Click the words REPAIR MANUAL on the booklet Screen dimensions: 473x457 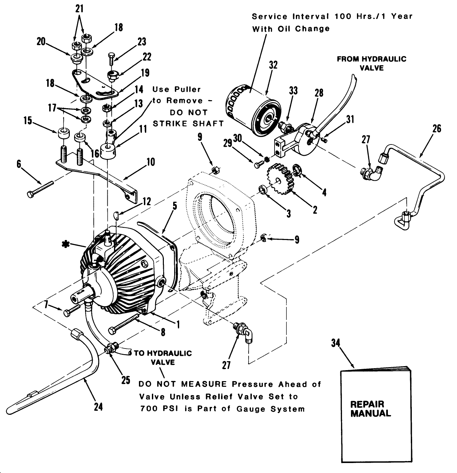(x=371, y=409)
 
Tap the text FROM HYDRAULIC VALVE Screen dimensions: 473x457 (x=372, y=63)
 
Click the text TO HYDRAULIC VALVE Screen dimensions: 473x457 (x=163, y=357)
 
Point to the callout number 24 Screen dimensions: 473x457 (x=98, y=407)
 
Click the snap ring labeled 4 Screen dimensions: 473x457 (x=297, y=170)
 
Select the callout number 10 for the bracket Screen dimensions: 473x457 (x=151, y=162)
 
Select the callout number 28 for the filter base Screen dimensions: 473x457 (x=319, y=93)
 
